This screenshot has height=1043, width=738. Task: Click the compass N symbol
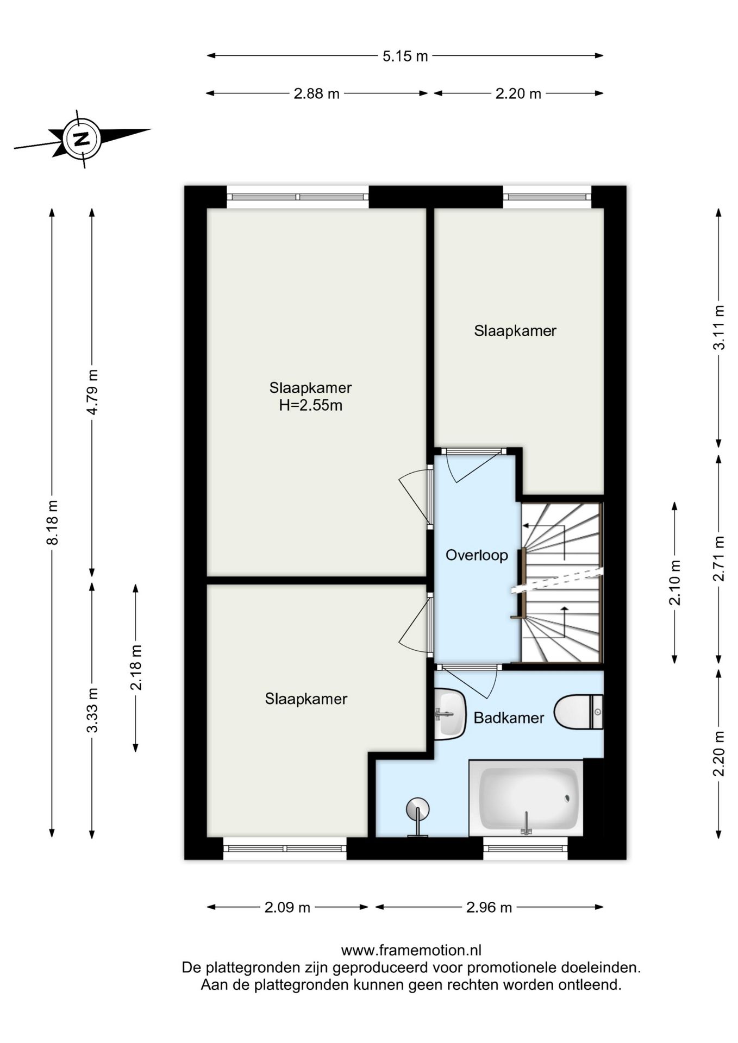click(x=82, y=139)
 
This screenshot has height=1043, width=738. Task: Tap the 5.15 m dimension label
click(x=405, y=56)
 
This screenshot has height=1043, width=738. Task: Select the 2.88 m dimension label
click(x=316, y=94)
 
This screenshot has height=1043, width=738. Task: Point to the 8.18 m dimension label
click(x=52, y=522)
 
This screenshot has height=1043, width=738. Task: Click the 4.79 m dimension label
click(x=92, y=392)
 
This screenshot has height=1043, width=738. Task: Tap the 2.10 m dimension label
click(x=674, y=582)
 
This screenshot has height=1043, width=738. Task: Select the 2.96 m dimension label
click(x=489, y=908)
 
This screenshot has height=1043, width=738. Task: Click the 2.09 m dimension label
click(x=287, y=908)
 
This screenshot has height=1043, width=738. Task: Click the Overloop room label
click(x=477, y=555)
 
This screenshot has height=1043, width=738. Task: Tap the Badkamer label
click(x=509, y=718)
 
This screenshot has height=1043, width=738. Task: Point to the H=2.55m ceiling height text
click(x=311, y=405)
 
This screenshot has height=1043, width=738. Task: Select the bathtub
click(x=526, y=798)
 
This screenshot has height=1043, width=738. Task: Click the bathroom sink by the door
click(x=449, y=714)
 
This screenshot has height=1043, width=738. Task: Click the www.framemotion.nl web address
click(x=411, y=951)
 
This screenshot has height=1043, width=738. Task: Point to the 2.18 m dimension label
click(x=136, y=668)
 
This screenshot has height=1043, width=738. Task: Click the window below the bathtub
click(x=526, y=848)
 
